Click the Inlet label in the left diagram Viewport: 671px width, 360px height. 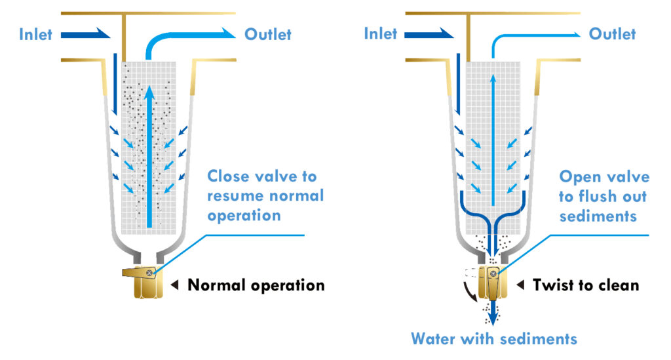coord(35,34)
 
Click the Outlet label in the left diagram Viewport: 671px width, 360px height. coord(268,34)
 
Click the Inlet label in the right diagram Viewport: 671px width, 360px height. coord(381,34)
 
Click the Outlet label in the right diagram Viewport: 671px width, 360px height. coord(613,34)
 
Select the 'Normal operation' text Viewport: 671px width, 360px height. coord(256,285)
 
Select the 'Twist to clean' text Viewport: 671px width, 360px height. coord(585,285)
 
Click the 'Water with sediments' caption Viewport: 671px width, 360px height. coord(494,338)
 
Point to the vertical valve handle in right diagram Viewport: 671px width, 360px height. coord(491,283)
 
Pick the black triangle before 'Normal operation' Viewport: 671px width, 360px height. coord(175,285)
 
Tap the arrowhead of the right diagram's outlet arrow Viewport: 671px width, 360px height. coord(575,33)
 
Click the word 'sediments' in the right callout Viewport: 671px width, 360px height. coord(598,216)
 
